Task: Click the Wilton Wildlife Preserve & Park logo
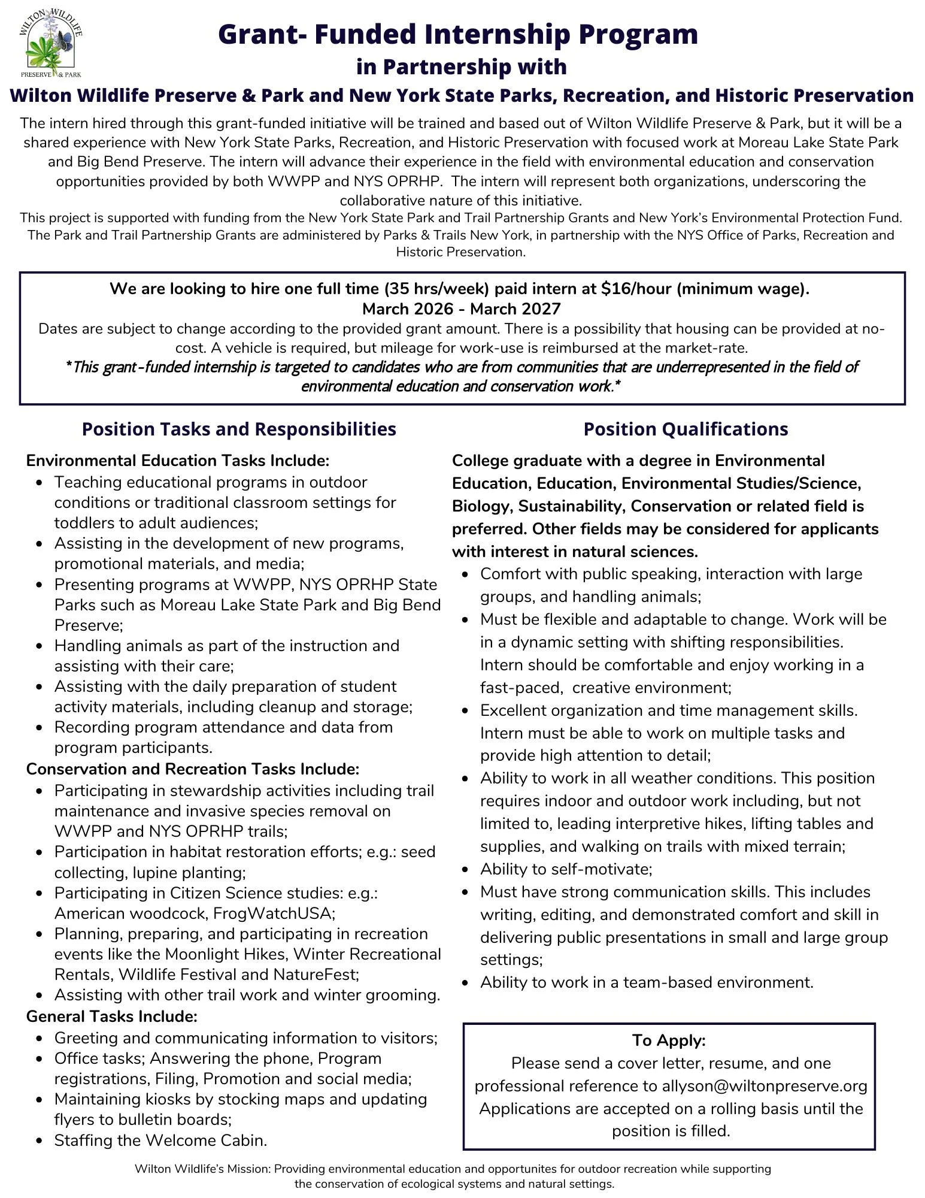coord(51,44)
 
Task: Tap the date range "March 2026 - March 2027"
coord(462,309)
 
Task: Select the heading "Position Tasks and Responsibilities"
coord(239,429)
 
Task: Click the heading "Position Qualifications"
coord(686,429)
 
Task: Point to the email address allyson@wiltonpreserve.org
coord(765,1086)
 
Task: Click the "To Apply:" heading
coord(669,1040)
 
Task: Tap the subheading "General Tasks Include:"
coord(111,1017)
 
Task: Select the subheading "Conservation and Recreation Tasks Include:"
coord(192,769)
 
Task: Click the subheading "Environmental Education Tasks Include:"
coord(178,461)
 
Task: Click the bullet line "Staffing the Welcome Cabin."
coord(160,1140)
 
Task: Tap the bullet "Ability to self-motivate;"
coord(566,869)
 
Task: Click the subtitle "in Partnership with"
coord(461,66)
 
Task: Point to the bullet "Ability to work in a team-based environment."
coord(647,982)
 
